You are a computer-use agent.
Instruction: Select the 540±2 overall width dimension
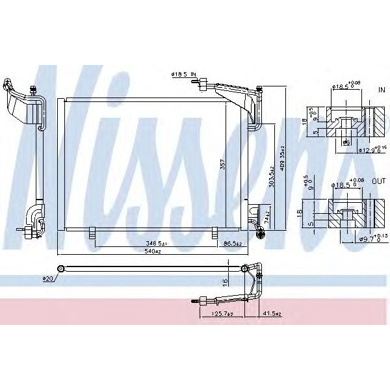point(153,251)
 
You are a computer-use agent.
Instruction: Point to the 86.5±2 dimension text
point(232,243)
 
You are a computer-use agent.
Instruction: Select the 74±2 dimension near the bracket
point(267,213)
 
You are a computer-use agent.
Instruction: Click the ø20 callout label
point(47,279)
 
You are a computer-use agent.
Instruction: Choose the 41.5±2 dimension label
point(272,314)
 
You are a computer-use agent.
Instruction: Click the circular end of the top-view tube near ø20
point(60,268)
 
